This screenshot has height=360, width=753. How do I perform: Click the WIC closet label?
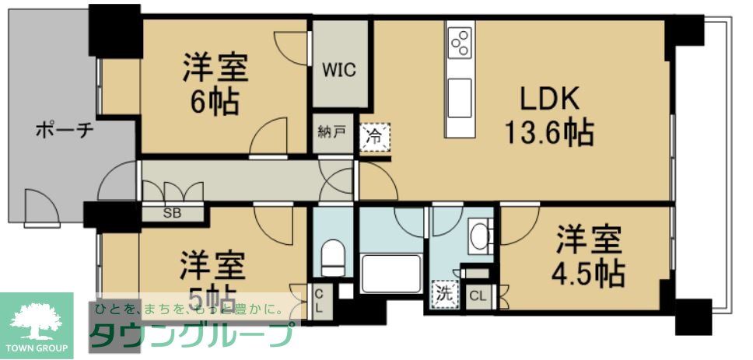point(339,71)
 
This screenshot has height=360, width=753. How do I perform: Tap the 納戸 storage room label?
point(331,132)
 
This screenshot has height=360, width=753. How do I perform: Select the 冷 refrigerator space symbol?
point(374,138)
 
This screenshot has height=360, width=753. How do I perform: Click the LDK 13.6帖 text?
point(549,117)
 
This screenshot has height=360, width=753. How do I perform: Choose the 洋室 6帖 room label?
point(215,84)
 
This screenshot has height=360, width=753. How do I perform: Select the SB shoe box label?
point(172,211)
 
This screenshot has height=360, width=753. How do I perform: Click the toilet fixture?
point(333,253)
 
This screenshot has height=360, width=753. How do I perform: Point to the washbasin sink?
point(480,236)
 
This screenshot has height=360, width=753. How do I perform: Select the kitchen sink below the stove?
point(459,89)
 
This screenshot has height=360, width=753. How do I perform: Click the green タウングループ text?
point(191,335)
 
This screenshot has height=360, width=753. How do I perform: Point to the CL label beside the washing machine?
point(478,295)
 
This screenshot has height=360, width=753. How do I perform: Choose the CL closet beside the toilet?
point(319,300)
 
